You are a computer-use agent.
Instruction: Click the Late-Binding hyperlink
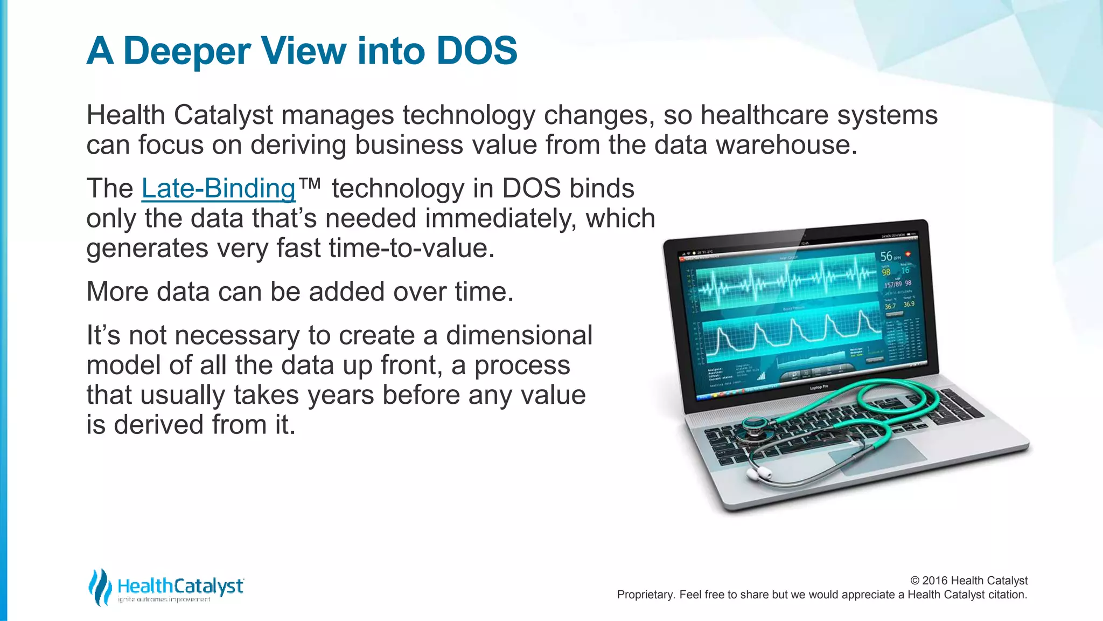pyautogui.click(x=218, y=189)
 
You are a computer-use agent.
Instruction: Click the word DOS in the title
pyautogui.click(x=477, y=51)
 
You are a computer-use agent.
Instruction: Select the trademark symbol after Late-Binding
pyautogui.click(x=310, y=184)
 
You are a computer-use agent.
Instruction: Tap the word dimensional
pyautogui.click(x=519, y=335)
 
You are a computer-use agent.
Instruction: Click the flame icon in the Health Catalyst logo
pyautogui.click(x=100, y=586)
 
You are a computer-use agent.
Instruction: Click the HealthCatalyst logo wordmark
pyautogui.click(x=180, y=586)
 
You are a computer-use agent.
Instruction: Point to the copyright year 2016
pyautogui.click(x=935, y=581)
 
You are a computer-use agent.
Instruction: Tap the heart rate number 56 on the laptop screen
pyautogui.click(x=886, y=257)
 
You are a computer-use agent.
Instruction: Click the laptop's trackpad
pyautogui.click(x=878, y=456)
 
